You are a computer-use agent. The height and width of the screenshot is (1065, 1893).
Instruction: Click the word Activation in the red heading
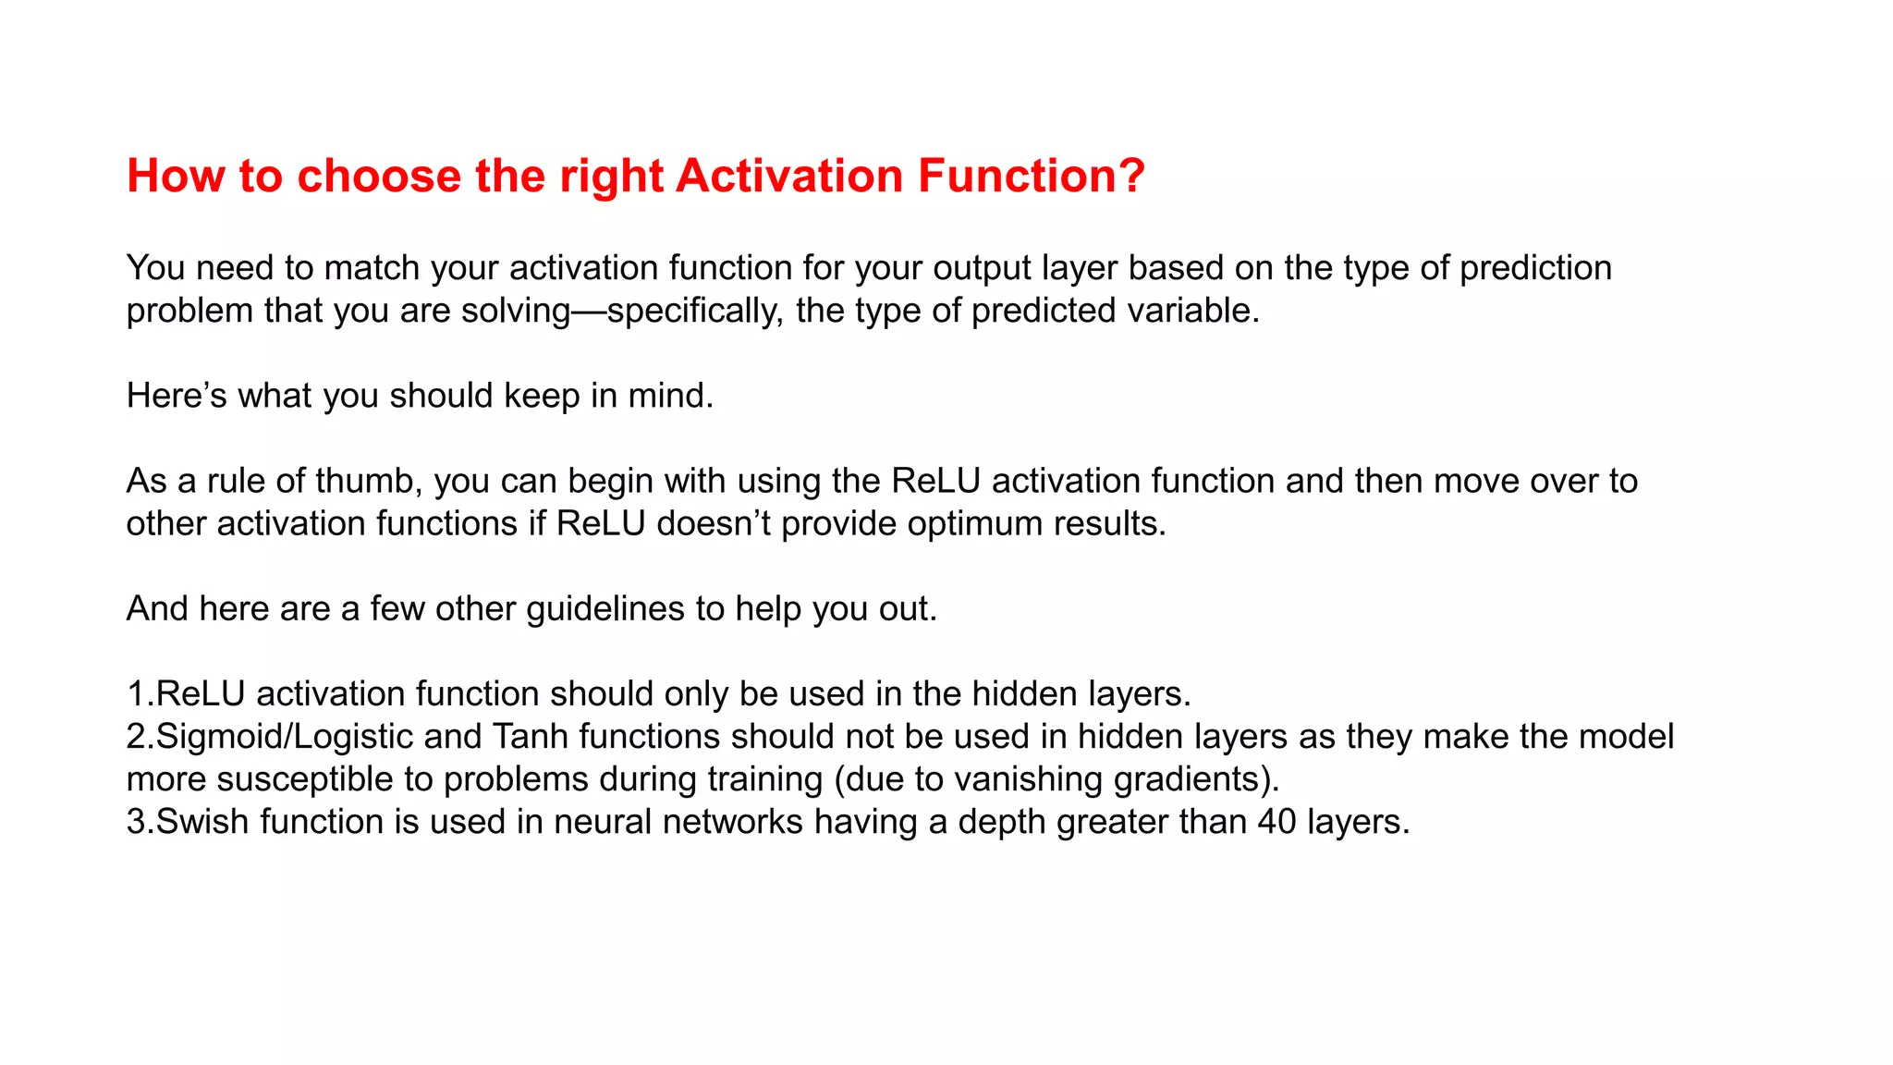[788, 176]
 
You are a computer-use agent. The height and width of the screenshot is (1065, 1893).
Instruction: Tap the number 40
[1276, 822]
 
